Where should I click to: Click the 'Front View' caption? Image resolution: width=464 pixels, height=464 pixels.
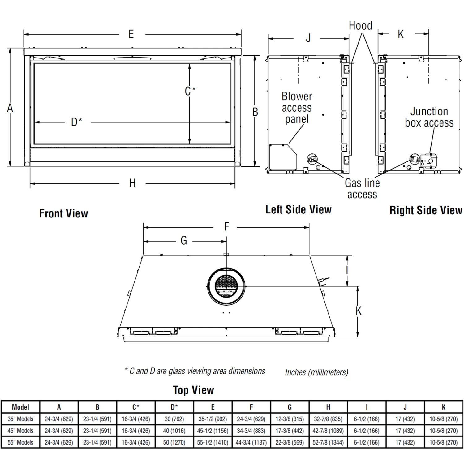[63, 213]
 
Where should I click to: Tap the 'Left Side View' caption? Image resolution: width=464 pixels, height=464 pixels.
[298, 209]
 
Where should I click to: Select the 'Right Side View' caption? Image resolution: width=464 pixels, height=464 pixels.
[426, 210]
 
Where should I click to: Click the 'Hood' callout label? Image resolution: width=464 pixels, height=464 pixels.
[360, 26]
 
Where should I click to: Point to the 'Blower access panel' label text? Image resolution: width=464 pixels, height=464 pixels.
[297, 108]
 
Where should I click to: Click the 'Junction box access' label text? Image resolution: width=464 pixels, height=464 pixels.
[429, 117]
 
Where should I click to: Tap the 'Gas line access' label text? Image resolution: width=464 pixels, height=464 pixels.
[362, 189]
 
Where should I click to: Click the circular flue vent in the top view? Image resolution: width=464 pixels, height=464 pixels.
[226, 286]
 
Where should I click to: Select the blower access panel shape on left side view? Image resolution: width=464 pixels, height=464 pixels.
[282, 157]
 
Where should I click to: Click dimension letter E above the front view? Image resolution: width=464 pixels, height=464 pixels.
[131, 34]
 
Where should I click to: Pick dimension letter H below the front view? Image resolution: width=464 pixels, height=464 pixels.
[132, 183]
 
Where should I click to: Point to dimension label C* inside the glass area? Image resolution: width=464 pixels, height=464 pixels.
[190, 91]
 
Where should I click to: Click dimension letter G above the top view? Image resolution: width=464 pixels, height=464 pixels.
[184, 241]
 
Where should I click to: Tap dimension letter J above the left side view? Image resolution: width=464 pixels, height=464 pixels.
[308, 38]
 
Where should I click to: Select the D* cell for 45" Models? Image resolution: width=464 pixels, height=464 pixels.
[174, 431]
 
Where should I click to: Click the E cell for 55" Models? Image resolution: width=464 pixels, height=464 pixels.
[213, 442]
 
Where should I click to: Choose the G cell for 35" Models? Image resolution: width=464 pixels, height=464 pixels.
[290, 419]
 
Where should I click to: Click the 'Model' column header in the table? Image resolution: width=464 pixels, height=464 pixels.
[20, 407]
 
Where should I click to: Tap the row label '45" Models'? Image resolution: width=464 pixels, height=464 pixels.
[20, 431]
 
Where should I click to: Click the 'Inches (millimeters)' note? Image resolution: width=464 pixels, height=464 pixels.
[316, 372]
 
